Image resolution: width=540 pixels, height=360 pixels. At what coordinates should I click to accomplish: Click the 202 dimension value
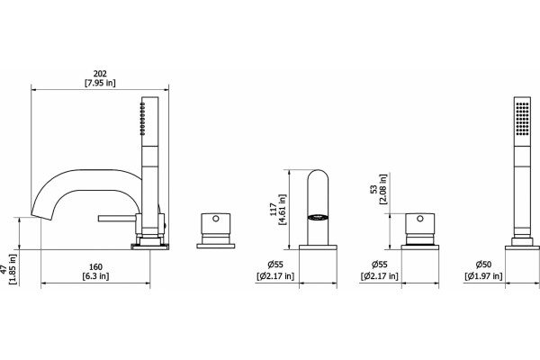[x=100, y=74]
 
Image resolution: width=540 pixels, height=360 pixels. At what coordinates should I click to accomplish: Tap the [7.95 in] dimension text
[x=100, y=83]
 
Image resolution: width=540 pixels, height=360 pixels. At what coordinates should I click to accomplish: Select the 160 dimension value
[x=95, y=267]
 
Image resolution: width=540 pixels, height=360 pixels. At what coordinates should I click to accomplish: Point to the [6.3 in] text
[x=95, y=276]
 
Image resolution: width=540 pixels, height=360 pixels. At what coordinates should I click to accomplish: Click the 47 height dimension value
[x=4, y=269]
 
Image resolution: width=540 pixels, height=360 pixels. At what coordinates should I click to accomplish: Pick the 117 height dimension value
[x=274, y=210]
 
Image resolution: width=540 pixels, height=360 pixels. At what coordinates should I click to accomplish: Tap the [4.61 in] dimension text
[x=283, y=210]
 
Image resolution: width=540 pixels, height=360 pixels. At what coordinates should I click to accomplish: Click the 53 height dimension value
[x=374, y=189]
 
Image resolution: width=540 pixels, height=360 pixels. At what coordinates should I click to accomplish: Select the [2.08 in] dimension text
[x=383, y=189]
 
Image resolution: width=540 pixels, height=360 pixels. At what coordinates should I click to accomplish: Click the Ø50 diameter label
[x=483, y=265]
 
